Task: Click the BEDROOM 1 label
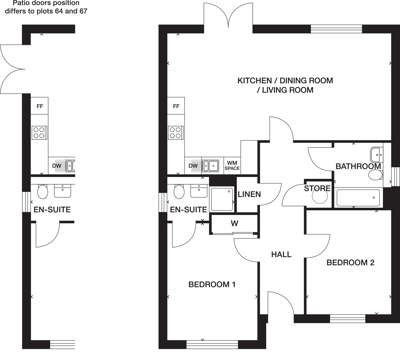[x=212, y=284]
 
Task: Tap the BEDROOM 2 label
[x=350, y=262]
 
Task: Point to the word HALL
[x=281, y=254]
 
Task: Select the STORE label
[x=317, y=188]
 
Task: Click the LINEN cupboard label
[x=249, y=194]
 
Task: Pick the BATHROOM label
[x=358, y=166]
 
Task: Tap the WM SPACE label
[x=232, y=165]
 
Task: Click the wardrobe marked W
[x=235, y=223]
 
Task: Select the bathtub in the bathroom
[x=358, y=198]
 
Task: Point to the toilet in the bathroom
[x=376, y=175]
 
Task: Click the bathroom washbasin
[x=377, y=154]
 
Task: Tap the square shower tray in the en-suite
[x=222, y=199]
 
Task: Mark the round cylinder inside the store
[x=319, y=197]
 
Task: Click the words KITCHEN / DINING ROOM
[x=285, y=80]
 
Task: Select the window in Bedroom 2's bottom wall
[x=347, y=319]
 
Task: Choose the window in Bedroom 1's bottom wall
[x=212, y=344]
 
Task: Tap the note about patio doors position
[x=46, y=7]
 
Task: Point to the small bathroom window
[x=395, y=176]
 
